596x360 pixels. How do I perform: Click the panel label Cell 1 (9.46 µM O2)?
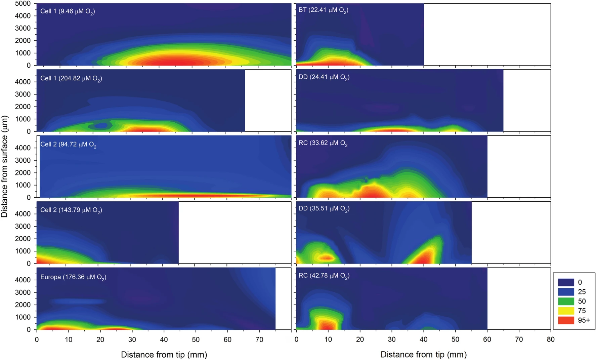[68, 11]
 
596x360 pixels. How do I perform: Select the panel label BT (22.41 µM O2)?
[323, 10]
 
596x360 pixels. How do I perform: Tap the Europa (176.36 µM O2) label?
[73, 277]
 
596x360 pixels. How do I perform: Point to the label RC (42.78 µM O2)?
[324, 276]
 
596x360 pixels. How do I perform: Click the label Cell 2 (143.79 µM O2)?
[71, 210]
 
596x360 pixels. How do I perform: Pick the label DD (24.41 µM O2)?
[324, 77]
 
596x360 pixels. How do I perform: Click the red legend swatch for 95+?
[566, 320]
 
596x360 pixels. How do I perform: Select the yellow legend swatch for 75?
[566, 311]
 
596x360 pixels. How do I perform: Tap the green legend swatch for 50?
[566, 301]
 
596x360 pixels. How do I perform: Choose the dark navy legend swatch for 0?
[566, 282]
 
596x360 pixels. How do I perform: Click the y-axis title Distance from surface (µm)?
[4, 166]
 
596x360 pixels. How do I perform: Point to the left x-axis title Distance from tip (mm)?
[164, 354]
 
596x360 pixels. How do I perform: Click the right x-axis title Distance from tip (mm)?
[423, 354]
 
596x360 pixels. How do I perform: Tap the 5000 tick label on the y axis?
[23, 4]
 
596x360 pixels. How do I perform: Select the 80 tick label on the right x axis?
[550, 339]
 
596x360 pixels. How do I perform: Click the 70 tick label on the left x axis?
[259, 339]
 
